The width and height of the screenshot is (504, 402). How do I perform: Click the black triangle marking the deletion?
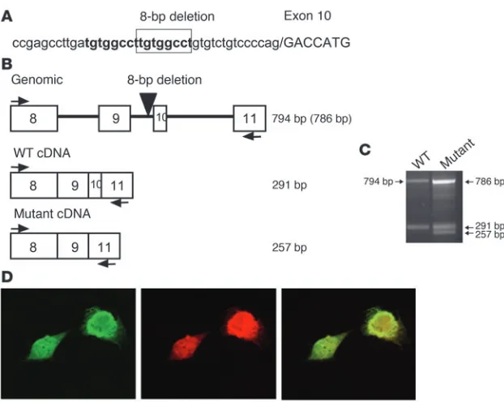tap(148, 103)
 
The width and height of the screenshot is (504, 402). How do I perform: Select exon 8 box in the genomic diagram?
tap(34, 118)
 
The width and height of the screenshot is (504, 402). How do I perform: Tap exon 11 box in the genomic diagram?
tap(250, 118)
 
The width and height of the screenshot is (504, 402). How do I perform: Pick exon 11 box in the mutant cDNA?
tap(105, 246)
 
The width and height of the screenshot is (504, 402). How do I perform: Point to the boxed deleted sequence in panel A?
tap(164, 41)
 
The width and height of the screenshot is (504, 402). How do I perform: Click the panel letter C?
tap(365, 150)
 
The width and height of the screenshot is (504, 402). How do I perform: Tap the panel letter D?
tap(7, 277)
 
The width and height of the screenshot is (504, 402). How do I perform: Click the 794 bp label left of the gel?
tap(378, 182)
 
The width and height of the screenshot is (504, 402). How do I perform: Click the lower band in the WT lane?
tap(418, 227)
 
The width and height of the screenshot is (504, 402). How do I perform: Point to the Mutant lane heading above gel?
tap(457, 154)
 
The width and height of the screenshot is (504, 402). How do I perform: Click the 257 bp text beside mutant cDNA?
tap(289, 247)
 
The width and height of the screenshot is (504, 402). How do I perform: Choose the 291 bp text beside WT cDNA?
tap(289, 186)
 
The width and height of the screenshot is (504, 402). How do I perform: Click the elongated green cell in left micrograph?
tap(47, 346)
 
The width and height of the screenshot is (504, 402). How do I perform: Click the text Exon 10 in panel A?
tap(307, 15)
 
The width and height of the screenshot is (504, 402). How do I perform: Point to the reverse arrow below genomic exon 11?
tap(252, 137)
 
